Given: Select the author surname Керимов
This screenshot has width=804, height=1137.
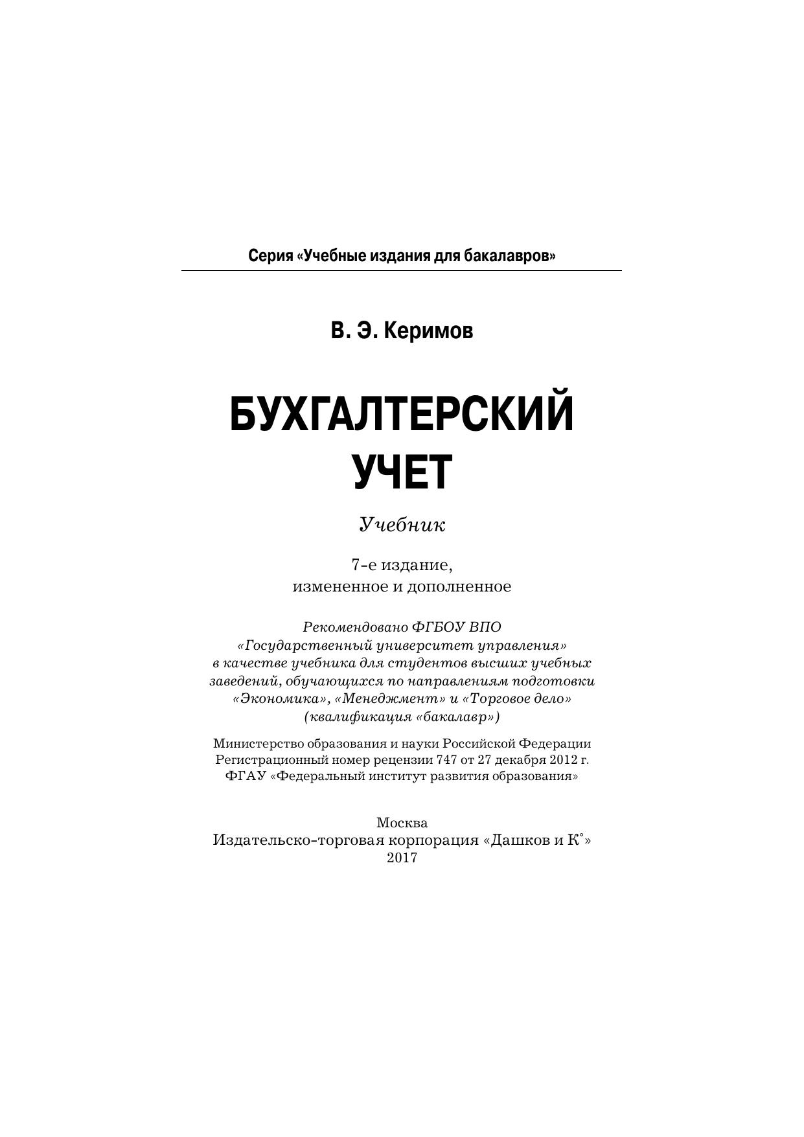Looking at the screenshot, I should tap(428, 331).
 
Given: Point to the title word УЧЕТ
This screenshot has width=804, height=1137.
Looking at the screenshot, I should tap(402, 471).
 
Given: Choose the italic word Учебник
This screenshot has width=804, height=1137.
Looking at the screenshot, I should tap(402, 524).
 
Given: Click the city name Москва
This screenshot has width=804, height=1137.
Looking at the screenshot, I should tap(402, 823).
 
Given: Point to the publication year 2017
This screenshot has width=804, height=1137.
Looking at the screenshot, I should tap(402, 858).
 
